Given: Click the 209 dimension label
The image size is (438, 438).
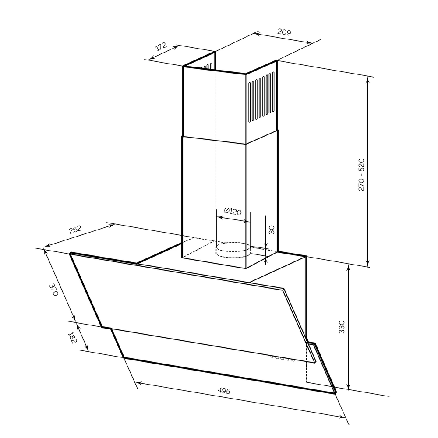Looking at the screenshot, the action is (x=284, y=32).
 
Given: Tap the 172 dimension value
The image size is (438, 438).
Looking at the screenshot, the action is (x=161, y=47).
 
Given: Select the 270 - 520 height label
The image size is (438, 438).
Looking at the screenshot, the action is (x=361, y=175).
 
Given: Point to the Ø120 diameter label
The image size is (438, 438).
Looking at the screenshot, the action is (x=233, y=212).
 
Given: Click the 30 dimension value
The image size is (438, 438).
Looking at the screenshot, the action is (x=271, y=230).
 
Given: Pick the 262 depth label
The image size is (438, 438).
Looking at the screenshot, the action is (x=75, y=230).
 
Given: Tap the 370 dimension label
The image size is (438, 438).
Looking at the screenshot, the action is (x=53, y=290).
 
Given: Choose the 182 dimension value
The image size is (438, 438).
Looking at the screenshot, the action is (x=72, y=338).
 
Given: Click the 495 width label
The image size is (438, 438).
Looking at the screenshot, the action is (x=224, y=391).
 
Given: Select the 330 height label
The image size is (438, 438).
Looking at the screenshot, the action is (x=342, y=327).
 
